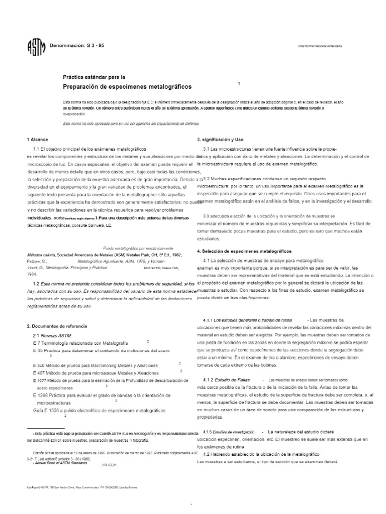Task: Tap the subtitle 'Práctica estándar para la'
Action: [93, 77]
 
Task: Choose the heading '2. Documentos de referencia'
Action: [54, 326]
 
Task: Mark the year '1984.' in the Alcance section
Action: [32, 274]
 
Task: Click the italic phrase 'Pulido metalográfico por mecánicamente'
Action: [138, 248]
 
